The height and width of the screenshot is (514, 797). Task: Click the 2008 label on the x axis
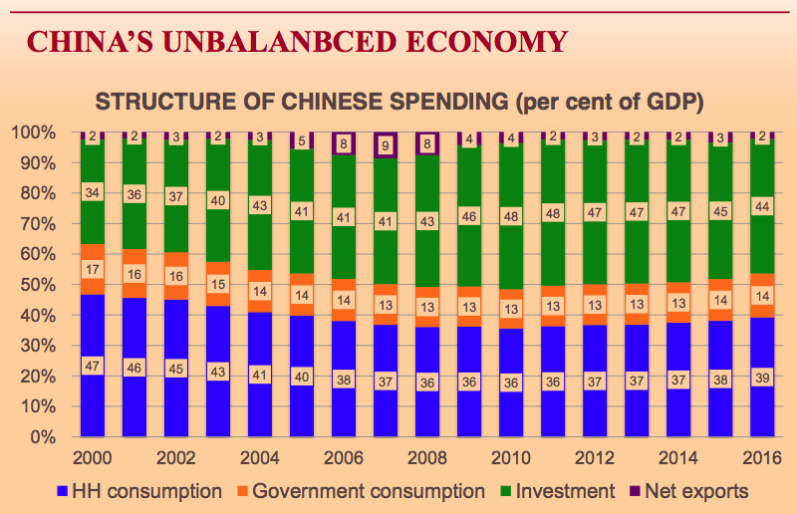(x=426, y=460)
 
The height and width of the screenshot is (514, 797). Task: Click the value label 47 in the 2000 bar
(x=92, y=366)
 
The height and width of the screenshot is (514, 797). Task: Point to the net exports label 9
(x=385, y=144)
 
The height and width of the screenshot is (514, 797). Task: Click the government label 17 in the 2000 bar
(x=92, y=269)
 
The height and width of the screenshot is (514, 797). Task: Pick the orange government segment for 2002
(x=175, y=291)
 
